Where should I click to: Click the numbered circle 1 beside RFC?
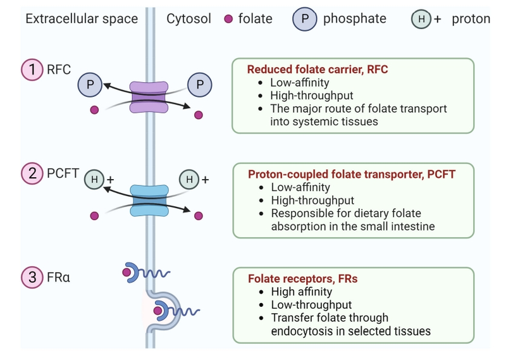pyautogui.click(x=32, y=69)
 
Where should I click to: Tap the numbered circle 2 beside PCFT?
pyautogui.click(x=32, y=172)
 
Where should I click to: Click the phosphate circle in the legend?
pyautogui.click(x=304, y=19)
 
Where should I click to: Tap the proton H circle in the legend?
pyautogui.click(x=421, y=20)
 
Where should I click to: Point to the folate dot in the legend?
pyautogui.click(x=229, y=20)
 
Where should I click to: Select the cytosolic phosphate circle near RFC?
pyautogui.click(x=201, y=84)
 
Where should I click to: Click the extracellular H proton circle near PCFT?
pyautogui.click(x=94, y=180)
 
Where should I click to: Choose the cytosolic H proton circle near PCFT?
pyautogui.click(x=188, y=180)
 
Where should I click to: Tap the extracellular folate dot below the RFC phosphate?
pyautogui.click(x=94, y=110)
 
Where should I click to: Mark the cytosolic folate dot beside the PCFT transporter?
pyautogui.click(x=199, y=216)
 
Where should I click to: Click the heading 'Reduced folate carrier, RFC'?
pyautogui.click(x=318, y=69)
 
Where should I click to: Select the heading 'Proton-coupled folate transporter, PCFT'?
pyautogui.click(x=352, y=173)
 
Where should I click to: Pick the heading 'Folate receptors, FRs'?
pyautogui.click(x=303, y=278)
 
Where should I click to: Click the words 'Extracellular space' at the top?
pyautogui.click(x=82, y=19)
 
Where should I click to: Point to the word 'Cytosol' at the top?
pyautogui.click(x=189, y=19)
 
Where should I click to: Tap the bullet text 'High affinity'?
pyautogui.click(x=302, y=292)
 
